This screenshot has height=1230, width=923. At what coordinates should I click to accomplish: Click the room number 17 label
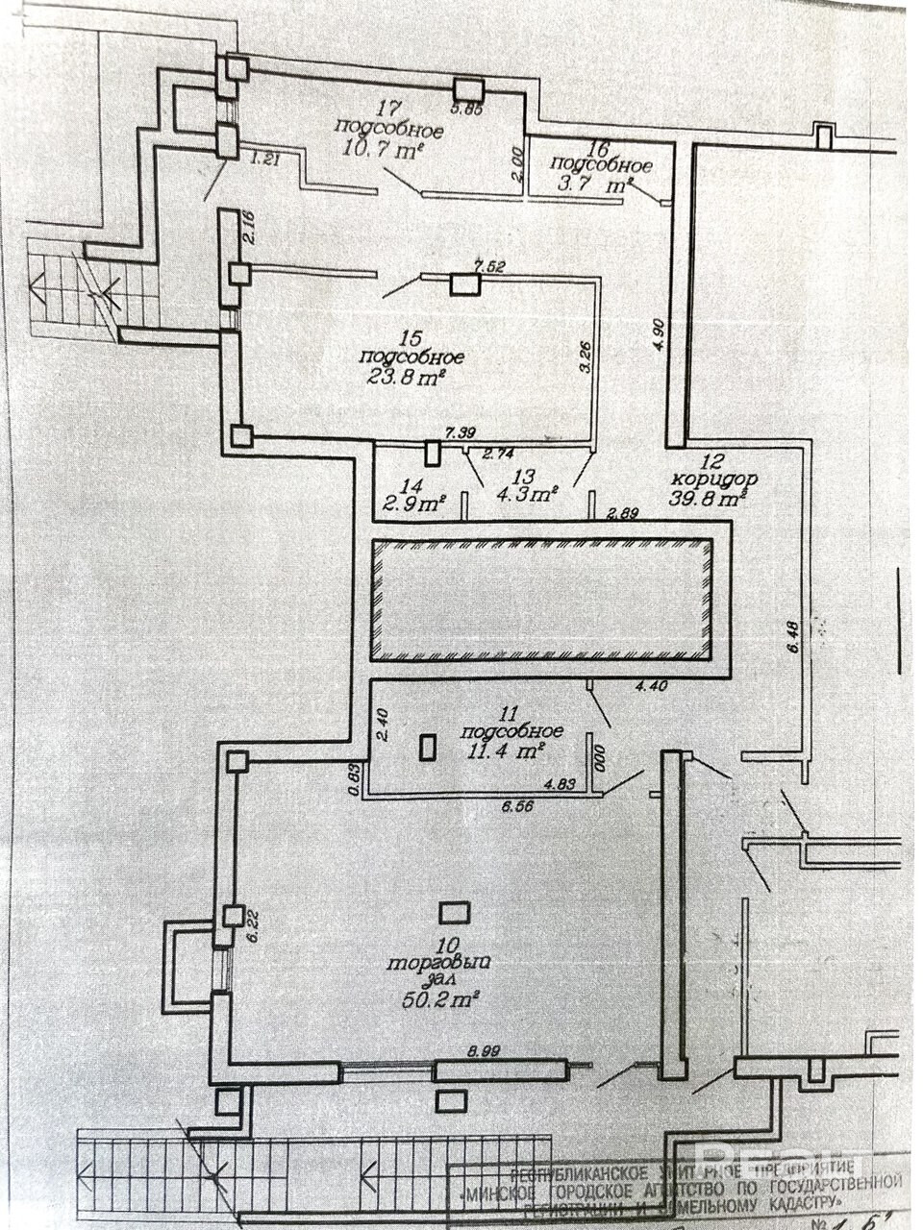pyautogui.click(x=389, y=109)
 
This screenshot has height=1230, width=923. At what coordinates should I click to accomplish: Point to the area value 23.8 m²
pyautogui.click(x=406, y=377)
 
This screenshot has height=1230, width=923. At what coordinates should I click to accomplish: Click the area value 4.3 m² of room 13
pyautogui.click(x=527, y=496)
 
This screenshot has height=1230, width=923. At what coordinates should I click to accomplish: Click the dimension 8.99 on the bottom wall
pyautogui.click(x=485, y=1052)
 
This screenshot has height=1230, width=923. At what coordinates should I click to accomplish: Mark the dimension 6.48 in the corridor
pyautogui.click(x=792, y=641)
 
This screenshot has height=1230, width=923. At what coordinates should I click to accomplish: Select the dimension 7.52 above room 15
pyautogui.click(x=490, y=266)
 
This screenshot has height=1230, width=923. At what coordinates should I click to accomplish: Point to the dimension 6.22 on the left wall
pyautogui.click(x=253, y=923)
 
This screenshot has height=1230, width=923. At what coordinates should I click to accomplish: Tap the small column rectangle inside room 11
pyautogui.click(x=428, y=748)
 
